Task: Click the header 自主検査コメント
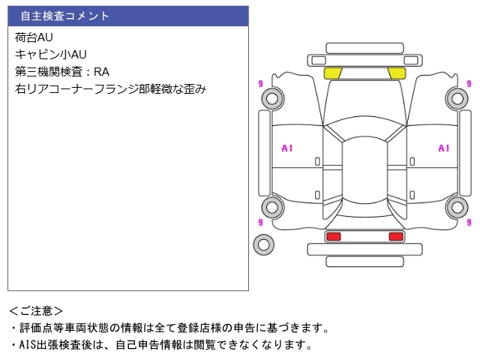pyautogui.click(x=64, y=16)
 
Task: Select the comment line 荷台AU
pyautogui.click(x=34, y=37)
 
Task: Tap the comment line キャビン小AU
pyautogui.click(x=50, y=54)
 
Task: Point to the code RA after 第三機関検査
pyautogui.click(x=102, y=72)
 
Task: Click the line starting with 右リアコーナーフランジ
pyautogui.click(x=110, y=89)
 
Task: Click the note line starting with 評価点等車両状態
pyautogui.click(x=169, y=328)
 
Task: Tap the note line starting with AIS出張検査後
pyautogui.click(x=160, y=345)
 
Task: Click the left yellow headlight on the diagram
pyautogui.click(x=332, y=73)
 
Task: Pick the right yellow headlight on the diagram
pyautogui.click(x=396, y=73)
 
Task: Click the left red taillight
pyautogui.click(x=333, y=236)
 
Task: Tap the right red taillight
pyautogui.click(x=395, y=236)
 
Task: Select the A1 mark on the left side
pyautogui.click(x=286, y=148)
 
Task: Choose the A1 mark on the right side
pyautogui.click(x=443, y=148)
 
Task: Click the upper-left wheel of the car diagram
pyautogui.click(x=273, y=97)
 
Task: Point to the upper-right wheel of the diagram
pyautogui.click(x=456, y=97)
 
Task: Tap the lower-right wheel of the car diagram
pyautogui.click(x=456, y=207)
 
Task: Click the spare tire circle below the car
pyautogui.click(x=264, y=244)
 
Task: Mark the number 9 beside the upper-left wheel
pyautogui.click(x=259, y=83)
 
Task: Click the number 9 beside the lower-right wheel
pyautogui.click(x=469, y=222)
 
